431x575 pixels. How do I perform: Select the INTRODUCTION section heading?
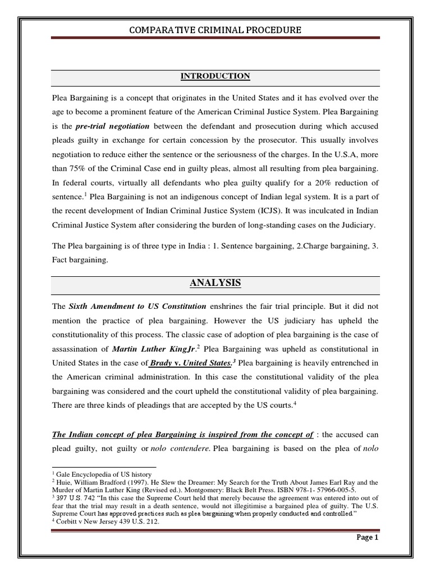[x=215, y=76]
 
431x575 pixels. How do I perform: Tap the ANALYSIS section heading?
[x=215, y=283]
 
